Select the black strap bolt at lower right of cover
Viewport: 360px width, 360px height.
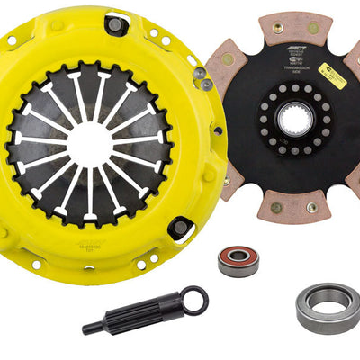[181, 227]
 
